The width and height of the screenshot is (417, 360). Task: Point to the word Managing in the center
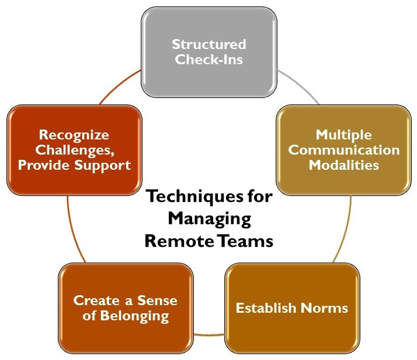209,219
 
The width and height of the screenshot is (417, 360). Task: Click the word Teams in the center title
245,241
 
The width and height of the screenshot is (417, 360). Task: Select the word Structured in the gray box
208,44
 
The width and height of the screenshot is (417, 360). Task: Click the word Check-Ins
208,59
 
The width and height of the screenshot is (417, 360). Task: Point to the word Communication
344,150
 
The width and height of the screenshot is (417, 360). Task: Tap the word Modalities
344,165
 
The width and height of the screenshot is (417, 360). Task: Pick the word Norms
323,307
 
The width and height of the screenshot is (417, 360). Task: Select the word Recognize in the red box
74,135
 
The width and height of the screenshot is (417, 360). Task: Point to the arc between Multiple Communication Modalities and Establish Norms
345,233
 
